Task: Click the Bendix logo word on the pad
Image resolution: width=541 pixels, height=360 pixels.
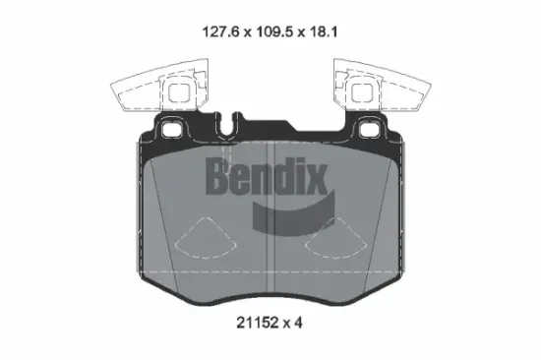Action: [265, 177]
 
